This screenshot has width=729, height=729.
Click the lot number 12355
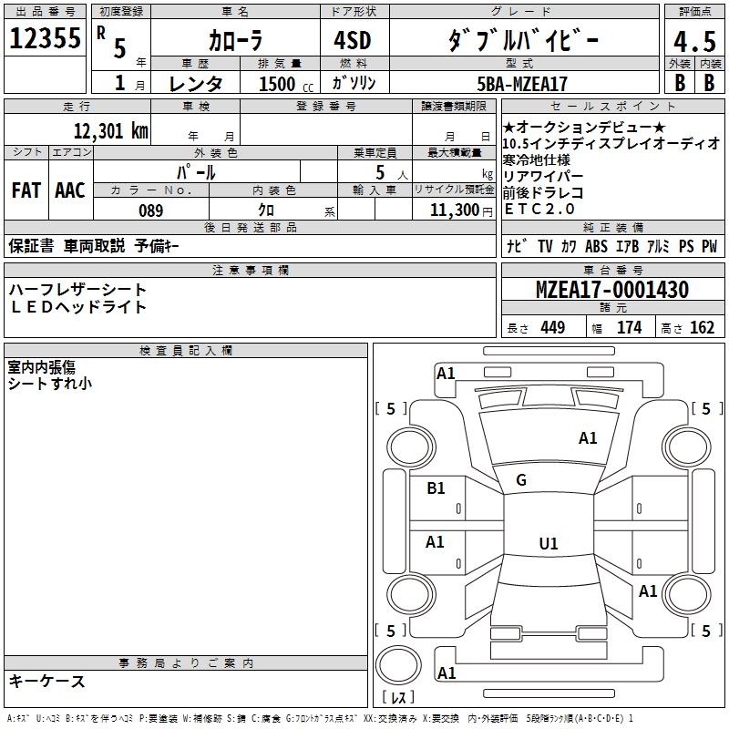[45, 39]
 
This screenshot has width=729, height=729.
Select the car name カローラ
[235, 40]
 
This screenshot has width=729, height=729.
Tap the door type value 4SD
[354, 40]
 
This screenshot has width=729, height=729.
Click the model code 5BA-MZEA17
[522, 84]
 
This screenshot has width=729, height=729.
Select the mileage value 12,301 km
[110, 130]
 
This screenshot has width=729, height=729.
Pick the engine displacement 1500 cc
[282, 84]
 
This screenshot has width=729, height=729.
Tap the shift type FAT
[26, 190]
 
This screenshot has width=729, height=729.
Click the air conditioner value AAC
[69, 190]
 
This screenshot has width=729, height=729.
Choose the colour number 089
[150, 210]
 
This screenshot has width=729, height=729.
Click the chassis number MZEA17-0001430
[612, 290]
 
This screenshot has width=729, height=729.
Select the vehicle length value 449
[552, 328]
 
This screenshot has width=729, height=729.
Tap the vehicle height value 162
[702, 328]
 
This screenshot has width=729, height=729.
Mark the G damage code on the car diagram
[521, 480]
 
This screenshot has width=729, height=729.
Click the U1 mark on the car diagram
[548, 543]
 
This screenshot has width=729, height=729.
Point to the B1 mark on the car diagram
[436, 488]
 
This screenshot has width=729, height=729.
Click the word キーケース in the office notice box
[47, 681]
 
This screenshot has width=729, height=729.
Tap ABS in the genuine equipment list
[597, 246]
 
